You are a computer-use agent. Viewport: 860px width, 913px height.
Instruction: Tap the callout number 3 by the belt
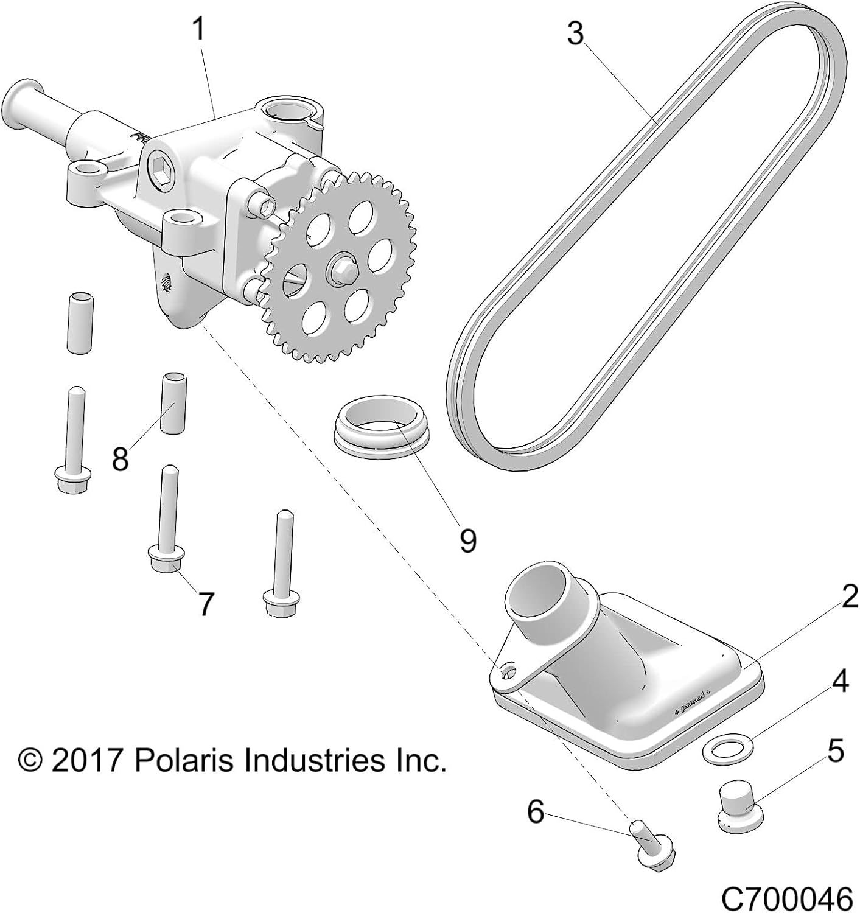(x=575, y=34)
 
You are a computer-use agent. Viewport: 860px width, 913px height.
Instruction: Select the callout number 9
(x=467, y=540)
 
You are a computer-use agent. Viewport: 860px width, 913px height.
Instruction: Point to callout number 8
(x=121, y=458)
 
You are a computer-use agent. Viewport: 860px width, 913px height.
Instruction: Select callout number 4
(x=841, y=681)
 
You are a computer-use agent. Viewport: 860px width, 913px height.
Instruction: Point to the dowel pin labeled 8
(x=172, y=404)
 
